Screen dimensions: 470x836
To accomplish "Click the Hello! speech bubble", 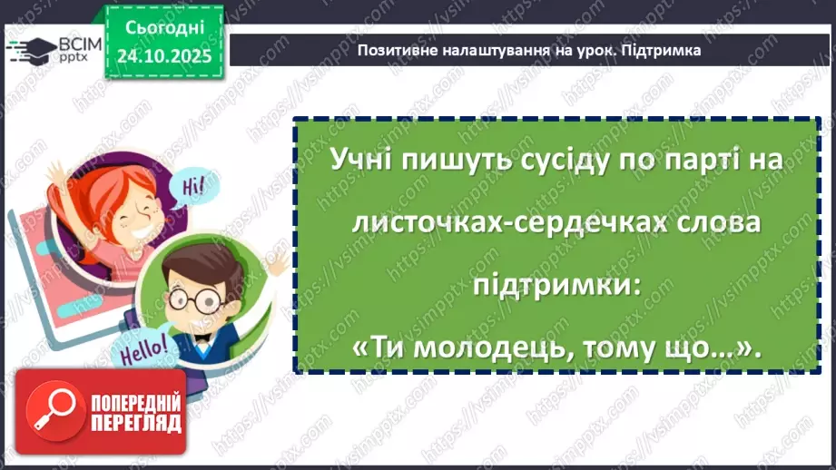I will tap(138, 347).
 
